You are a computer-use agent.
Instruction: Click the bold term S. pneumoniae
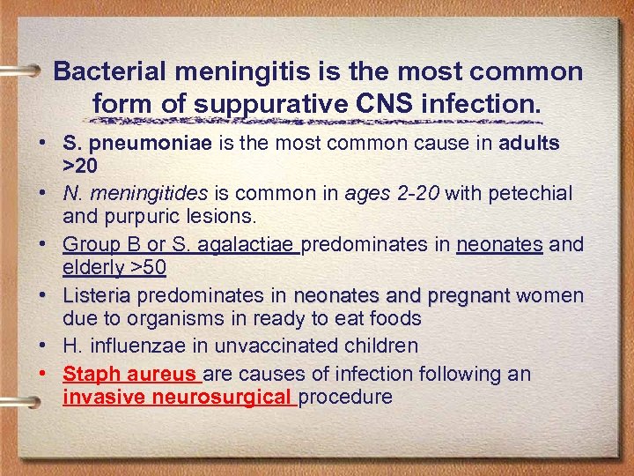[137, 144]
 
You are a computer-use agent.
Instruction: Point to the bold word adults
[529, 144]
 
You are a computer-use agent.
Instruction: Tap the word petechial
[524, 193]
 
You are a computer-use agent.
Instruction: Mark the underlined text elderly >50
[114, 265]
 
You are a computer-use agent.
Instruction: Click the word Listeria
[97, 295]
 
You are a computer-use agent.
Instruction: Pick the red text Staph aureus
[131, 374]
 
